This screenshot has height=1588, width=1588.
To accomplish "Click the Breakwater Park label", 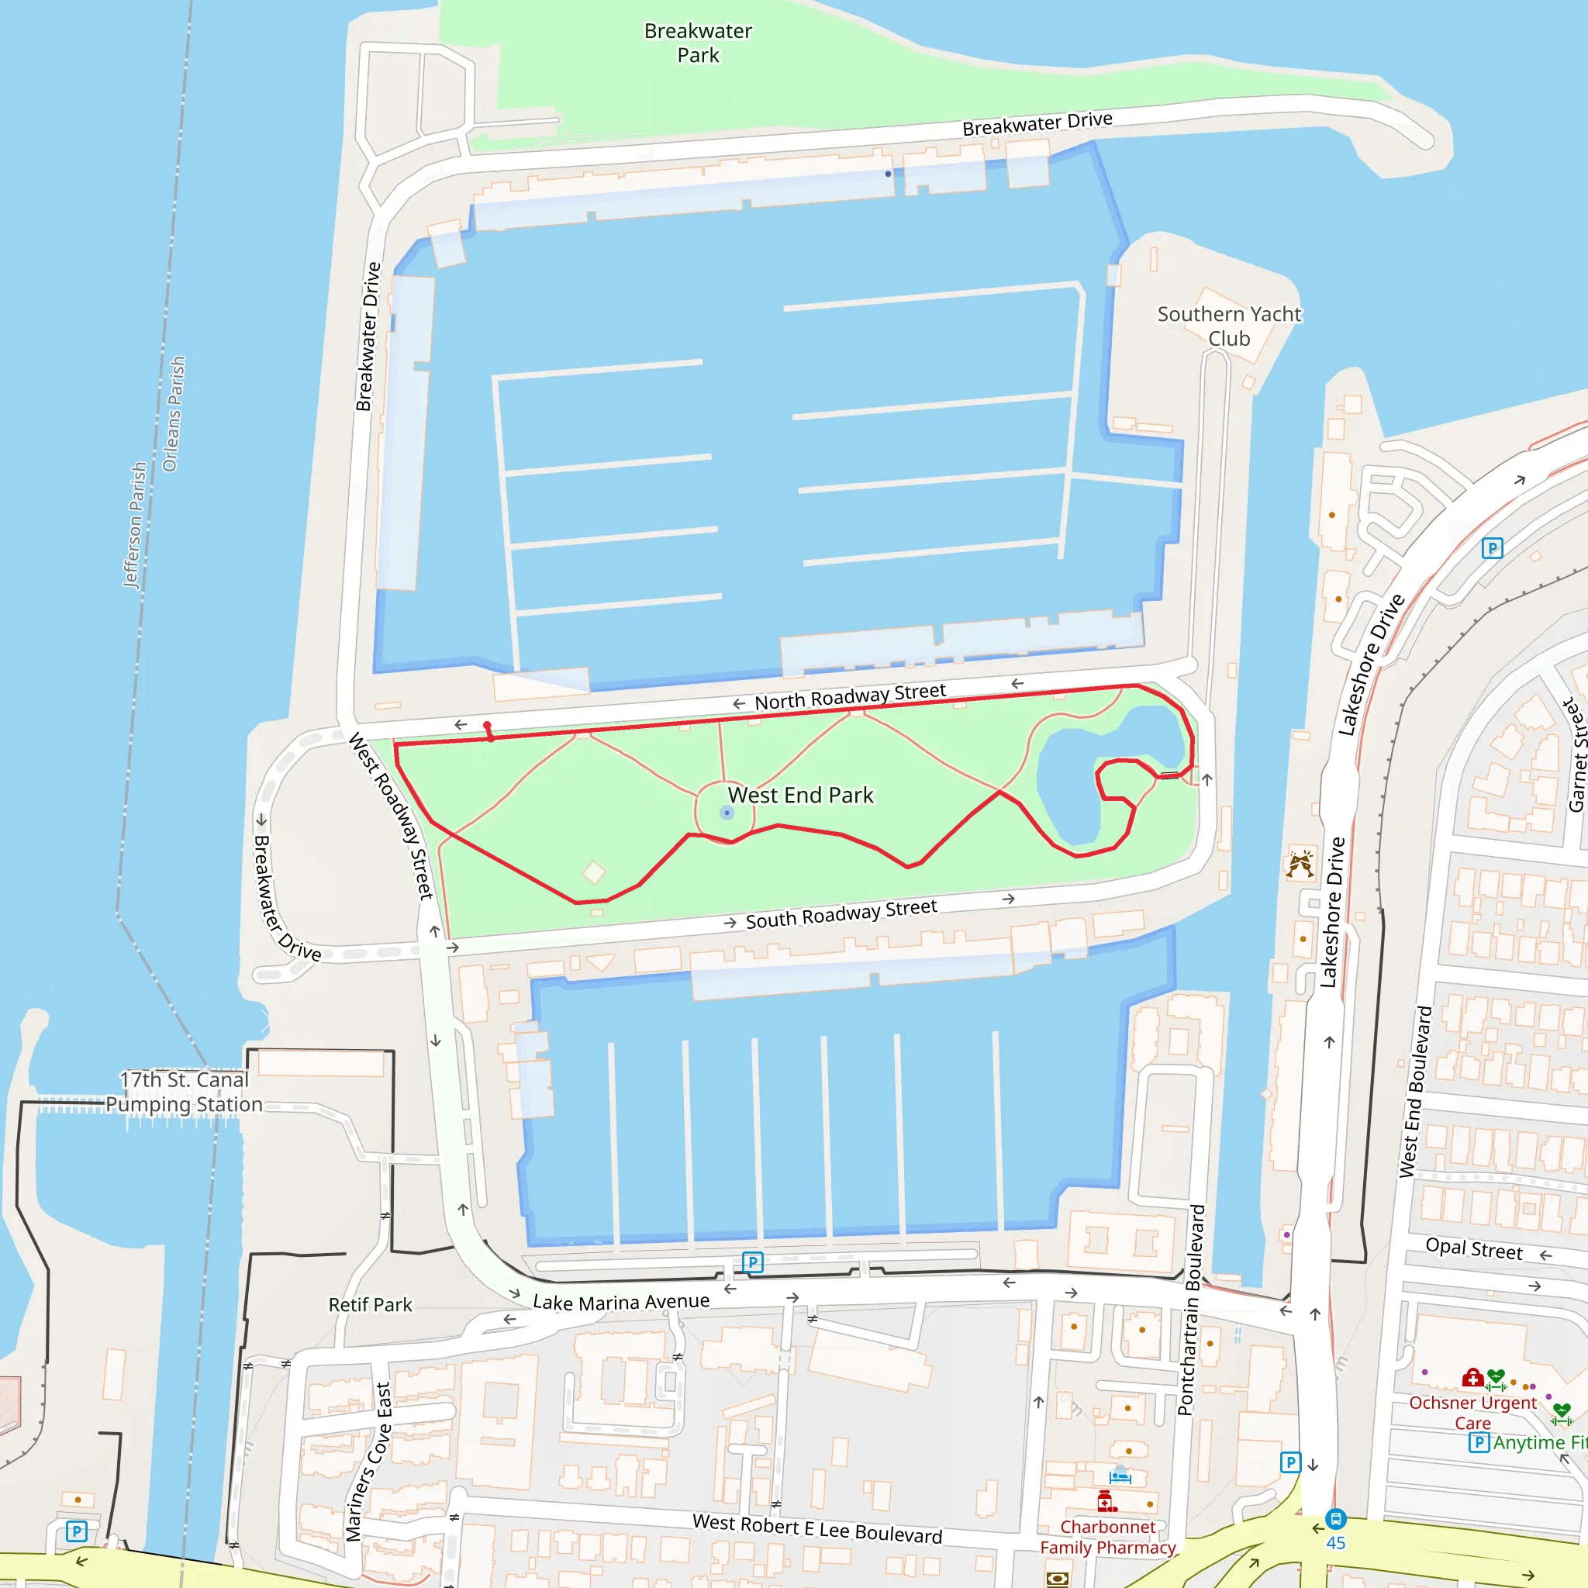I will coord(698,43).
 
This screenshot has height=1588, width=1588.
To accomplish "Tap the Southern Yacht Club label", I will coord(1229,326).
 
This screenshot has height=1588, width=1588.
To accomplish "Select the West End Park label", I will coord(800,795).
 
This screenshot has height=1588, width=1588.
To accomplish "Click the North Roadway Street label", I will coord(850,696).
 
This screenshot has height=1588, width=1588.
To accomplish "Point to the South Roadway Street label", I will coord(841,914).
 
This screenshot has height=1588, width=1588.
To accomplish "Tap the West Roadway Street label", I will coord(392,816).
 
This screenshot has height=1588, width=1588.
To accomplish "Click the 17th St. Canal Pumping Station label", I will coord(184,1092).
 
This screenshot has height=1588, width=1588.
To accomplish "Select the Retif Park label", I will coord(370,1304).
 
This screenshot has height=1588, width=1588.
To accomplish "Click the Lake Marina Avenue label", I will coord(620,1302).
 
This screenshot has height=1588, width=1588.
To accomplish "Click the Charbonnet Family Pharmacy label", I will coord(1107,1537).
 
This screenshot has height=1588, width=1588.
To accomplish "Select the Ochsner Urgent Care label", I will coord(1472,1412).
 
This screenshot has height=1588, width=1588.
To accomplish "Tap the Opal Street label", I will coord(1474,1248).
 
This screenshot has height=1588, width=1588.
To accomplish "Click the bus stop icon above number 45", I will coord(1336,1518).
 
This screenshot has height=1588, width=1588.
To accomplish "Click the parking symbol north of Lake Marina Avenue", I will coord(752,1262).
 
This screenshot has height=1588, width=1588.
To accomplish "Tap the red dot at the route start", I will coord(488,725).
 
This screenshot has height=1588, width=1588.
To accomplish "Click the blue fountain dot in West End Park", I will coord(727,813).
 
